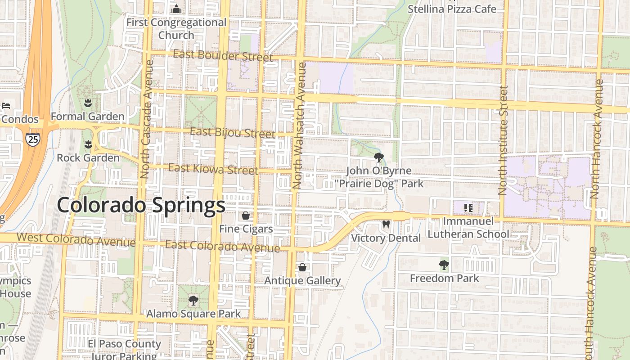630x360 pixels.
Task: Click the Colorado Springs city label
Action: pos(141,205)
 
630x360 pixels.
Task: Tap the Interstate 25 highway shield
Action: pos(32,139)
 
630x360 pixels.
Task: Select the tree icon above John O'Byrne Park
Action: pos(379,157)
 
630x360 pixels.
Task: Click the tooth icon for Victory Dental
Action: pos(386,224)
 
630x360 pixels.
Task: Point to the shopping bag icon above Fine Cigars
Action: pos(246,216)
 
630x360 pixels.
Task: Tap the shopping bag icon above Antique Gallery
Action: pos(302,267)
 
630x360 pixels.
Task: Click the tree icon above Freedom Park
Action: pos(444,265)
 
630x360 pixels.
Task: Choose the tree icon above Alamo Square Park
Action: pos(193,300)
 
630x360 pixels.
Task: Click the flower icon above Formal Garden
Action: pos(88,103)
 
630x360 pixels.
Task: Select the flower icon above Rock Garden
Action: pos(88,144)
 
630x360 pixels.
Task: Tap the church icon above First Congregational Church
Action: pos(176,9)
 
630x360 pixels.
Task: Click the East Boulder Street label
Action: pos(223,56)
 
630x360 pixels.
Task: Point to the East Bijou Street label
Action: pos(232,133)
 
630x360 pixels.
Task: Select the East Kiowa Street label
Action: pos(213,169)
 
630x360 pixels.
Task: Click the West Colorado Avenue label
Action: pos(76,239)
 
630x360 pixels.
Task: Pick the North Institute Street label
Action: pos(503,140)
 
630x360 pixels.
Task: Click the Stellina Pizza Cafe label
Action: pos(452,9)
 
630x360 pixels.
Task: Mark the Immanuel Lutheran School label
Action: pos(468,228)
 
